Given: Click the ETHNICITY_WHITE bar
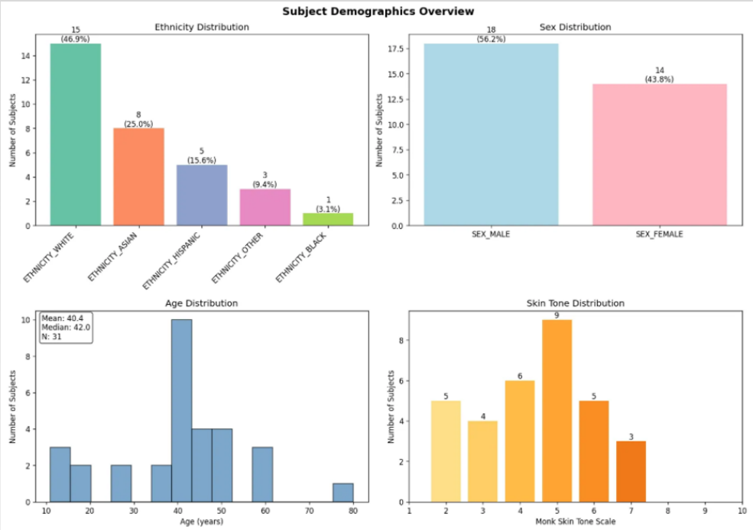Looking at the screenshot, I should click(75, 134).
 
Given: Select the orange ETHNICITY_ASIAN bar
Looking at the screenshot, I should click(138, 176).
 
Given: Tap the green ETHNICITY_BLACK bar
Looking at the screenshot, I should click(328, 219).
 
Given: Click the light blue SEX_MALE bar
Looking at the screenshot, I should click(491, 134).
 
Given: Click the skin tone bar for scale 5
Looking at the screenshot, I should click(557, 410).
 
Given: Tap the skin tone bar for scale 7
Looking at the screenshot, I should click(631, 471).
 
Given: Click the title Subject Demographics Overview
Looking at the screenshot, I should click(378, 11).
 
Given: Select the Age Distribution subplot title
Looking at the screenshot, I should click(202, 303).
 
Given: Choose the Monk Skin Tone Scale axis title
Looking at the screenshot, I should click(576, 522).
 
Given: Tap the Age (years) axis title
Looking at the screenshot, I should click(202, 522).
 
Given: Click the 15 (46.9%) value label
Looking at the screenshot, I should click(76, 34).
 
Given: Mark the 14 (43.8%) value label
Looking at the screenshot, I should click(659, 74).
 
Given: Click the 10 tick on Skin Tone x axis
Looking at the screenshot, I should click(742, 511).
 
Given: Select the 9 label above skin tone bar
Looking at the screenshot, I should click(557, 315).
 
